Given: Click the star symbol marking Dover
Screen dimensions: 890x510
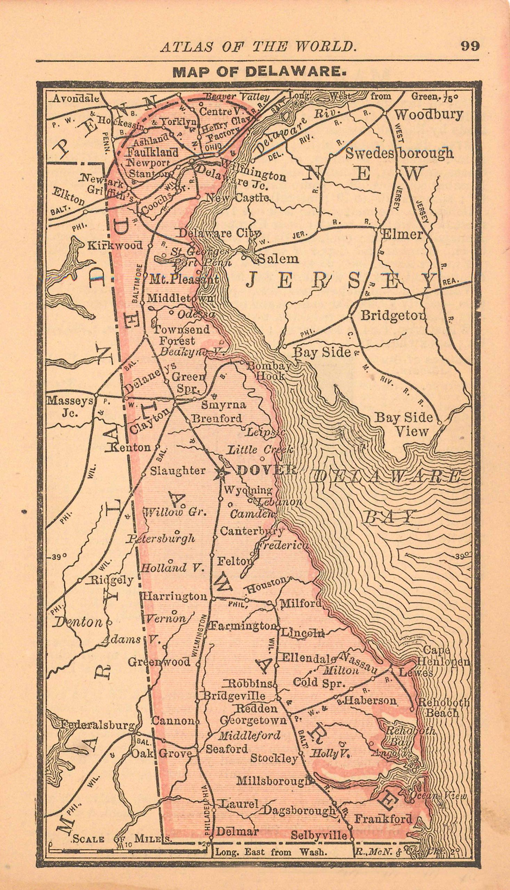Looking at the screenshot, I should (x=221, y=473).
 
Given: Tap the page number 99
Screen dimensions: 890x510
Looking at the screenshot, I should (x=470, y=46).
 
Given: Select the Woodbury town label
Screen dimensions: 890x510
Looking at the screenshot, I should (x=429, y=114).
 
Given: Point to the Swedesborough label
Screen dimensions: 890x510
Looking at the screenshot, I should (x=399, y=153).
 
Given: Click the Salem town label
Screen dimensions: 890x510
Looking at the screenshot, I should (x=278, y=259).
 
